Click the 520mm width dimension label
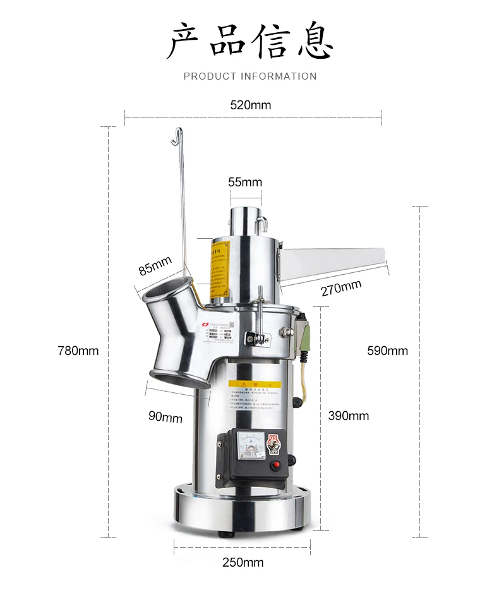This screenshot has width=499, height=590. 251,105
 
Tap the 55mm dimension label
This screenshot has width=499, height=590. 244,183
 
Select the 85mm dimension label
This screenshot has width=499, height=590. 155,265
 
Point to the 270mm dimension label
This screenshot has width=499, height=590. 340,289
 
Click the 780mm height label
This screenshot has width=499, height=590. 78,351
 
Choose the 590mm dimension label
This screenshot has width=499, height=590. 387,351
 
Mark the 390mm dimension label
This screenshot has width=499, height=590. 348,416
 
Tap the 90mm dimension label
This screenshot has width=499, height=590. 165,416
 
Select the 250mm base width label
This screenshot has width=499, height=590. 243,562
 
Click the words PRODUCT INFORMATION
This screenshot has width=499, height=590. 250,76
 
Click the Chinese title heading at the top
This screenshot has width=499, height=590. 250,41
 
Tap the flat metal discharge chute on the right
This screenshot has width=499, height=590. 332,262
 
